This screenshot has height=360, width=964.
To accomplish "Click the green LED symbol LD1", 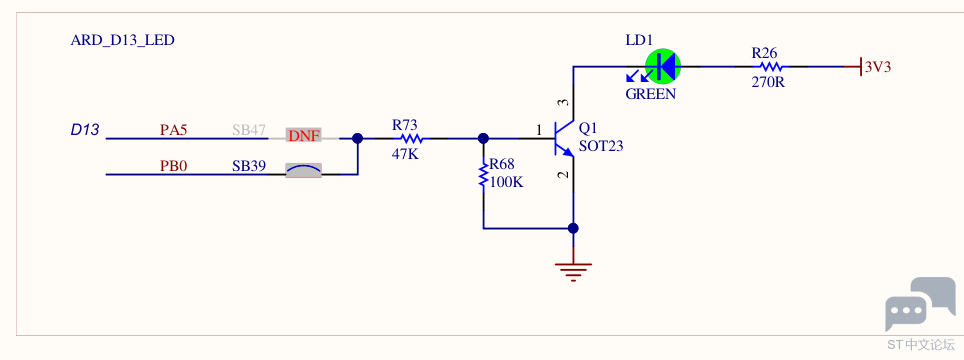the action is (x=663, y=66).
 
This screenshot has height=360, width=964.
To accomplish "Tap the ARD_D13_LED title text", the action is (x=123, y=41).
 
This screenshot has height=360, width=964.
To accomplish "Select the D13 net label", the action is (x=85, y=130).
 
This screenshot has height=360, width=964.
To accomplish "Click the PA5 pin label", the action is (x=173, y=130).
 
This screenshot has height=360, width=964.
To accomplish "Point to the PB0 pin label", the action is (x=173, y=166).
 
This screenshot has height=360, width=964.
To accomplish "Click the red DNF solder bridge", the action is (x=304, y=136).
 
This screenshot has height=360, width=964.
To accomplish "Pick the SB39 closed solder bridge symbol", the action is (x=304, y=171).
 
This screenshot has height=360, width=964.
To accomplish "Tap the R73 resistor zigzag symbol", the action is (x=409, y=139).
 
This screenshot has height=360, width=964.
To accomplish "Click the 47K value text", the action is (x=405, y=154).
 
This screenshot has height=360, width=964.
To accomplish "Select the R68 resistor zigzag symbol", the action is (x=484, y=174).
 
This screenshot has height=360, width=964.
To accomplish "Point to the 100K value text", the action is (x=507, y=182).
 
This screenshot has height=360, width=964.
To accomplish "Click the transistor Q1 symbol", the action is (x=564, y=139).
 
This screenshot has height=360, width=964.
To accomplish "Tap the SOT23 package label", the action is (x=601, y=147).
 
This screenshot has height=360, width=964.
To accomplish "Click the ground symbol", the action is (x=574, y=270).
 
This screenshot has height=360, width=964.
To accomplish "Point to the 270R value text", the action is (x=768, y=82).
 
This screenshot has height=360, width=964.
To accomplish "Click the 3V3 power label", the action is (x=878, y=67).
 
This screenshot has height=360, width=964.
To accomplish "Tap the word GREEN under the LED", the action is (x=650, y=95).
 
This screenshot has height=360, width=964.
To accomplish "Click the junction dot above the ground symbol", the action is (x=574, y=229).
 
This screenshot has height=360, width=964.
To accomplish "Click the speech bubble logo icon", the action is (x=920, y=304).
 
